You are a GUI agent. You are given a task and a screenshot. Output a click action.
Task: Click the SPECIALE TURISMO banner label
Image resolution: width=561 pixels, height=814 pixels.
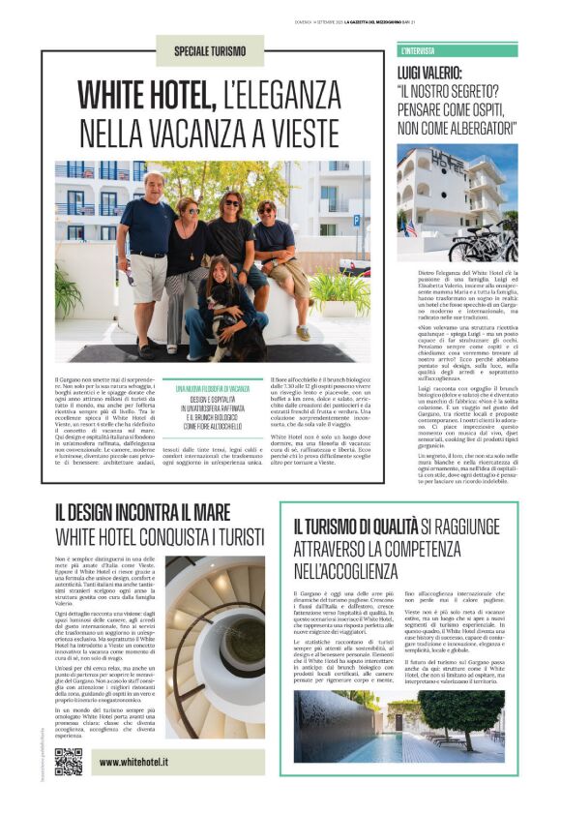pyautogui.click(x=210, y=50)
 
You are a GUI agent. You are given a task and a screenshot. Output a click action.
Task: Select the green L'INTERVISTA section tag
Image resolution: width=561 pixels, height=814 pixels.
pyautogui.click(x=418, y=49)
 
